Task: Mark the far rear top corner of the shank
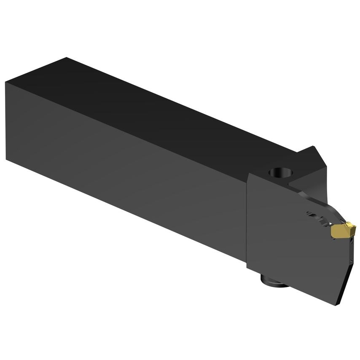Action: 66,58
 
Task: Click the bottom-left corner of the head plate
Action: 247,268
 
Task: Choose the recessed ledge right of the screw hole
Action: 301,181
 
